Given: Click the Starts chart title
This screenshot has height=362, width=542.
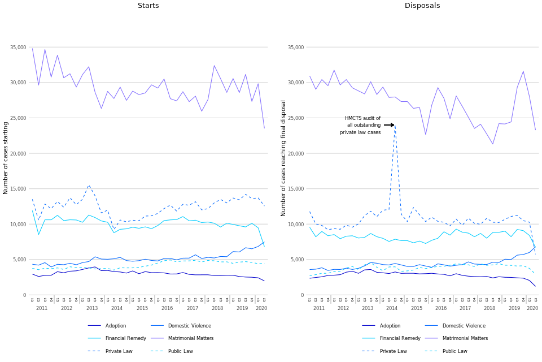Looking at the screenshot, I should pyautogui.click(x=148, y=6).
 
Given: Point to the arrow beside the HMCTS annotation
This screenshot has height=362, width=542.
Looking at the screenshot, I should pyautogui.click(x=388, y=125).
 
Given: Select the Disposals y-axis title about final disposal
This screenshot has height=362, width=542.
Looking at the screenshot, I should pyautogui.click(x=283, y=158).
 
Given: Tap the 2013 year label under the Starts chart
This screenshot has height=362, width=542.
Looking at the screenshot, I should pyautogui.click(x=92, y=308).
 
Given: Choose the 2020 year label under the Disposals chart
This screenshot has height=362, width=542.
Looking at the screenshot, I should pyautogui.click(x=532, y=308).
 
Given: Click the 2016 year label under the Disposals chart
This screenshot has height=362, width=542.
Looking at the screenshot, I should pyautogui.click(x=440, y=308).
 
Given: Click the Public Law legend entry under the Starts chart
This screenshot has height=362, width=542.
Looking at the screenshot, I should pyautogui.click(x=181, y=351).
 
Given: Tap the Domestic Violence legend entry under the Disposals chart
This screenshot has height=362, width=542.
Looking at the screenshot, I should pyautogui.click(x=461, y=326).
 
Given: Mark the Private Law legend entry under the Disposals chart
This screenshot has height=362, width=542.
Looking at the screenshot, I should pyautogui.click(x=394, y=351).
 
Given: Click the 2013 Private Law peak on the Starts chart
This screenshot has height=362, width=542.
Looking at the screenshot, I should pyautogui.click(x=89, y=185).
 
